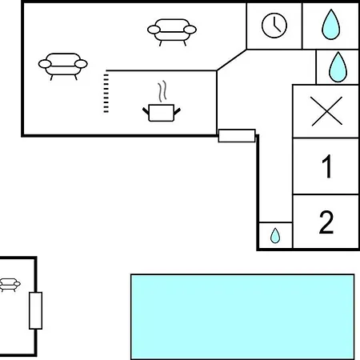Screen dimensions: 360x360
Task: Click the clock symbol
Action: click(274, 26)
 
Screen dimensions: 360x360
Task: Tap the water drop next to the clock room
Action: click(331, 25)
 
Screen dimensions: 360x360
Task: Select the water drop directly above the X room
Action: click(338, 67)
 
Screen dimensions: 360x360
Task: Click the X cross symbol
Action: click(326, 111)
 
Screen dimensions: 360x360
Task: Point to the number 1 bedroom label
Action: click(327, 166)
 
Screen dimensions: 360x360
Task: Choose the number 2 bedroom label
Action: click(326, 222)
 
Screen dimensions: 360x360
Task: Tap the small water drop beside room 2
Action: click(275, 236)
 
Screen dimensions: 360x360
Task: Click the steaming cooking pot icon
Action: click(162, 102)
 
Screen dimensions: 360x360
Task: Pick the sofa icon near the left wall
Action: click(63, 66)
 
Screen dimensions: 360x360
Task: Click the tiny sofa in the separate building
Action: click(10, 285)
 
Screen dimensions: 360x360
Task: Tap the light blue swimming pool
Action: click(242, 317)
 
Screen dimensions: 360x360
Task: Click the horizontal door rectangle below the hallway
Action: click(237, 136)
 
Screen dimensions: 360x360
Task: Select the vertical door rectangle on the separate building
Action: click(35, 310)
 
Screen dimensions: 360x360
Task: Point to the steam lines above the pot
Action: click(162, 91)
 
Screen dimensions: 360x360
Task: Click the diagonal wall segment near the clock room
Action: click(232, 60)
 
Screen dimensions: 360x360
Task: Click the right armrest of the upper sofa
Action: click(190, 30)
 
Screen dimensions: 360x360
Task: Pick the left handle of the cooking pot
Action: click(146, 110)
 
